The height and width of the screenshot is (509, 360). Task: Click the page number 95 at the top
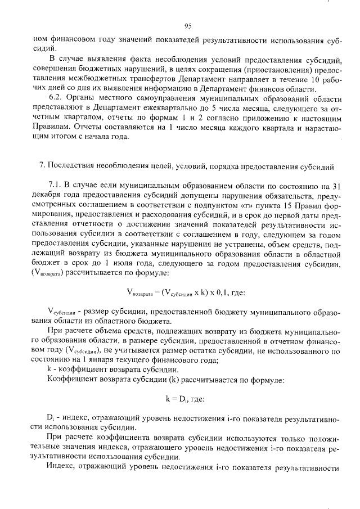tap(188, 25)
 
